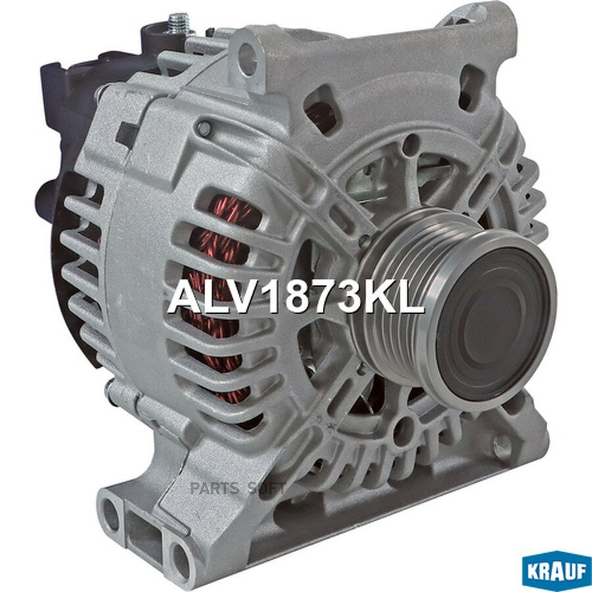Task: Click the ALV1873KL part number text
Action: pos(296,300)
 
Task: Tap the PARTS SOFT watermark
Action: pos(238,489)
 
